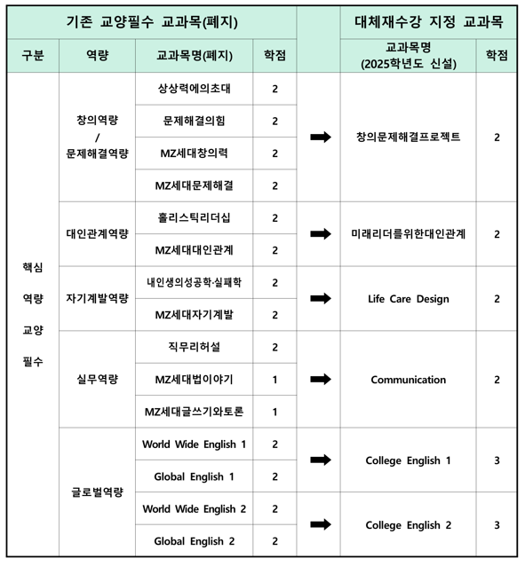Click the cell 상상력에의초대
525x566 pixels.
(194, 89)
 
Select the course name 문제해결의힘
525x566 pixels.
(194, 121)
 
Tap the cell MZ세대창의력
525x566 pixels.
(194, 153)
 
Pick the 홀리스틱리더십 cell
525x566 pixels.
(194, 217)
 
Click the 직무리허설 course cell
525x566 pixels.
(194, 347)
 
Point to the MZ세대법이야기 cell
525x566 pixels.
(194, 380)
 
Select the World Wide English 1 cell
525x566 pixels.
(194, 444)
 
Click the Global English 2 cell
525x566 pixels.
(194, 541)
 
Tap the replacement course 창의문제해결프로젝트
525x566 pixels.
(408, 138)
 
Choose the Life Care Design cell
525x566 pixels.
(408, 299)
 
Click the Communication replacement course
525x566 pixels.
(408, 380)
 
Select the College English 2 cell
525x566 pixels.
(408, 525)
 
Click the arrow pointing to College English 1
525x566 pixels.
(320, 460)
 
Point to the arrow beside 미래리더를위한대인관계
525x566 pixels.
(320, 234)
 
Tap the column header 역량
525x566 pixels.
(97, 56)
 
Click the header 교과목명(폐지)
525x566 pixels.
(194, 56)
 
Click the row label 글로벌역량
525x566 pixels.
(97, 492)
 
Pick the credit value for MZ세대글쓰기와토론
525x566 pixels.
(274, 412)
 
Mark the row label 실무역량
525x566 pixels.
(97, 380)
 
